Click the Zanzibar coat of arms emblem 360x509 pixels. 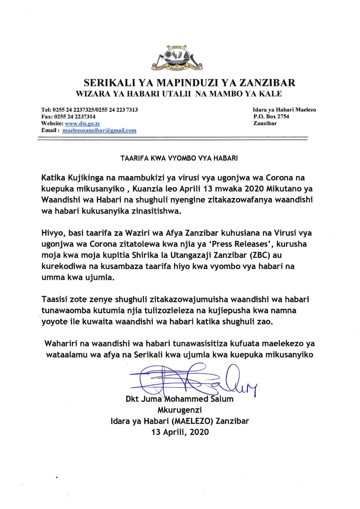pos(177,58)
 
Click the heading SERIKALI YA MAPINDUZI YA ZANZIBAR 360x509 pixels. pos(189,83)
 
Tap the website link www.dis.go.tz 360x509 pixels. pos(82,124)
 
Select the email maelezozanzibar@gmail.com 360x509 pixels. pos(99,130)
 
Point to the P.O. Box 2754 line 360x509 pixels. pos(271,117)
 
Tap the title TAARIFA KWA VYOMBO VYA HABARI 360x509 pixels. pos(179,158)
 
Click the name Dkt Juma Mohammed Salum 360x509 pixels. pos(180,399)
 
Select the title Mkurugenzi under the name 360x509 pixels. pos(180,410)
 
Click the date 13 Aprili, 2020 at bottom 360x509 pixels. pos(180,432)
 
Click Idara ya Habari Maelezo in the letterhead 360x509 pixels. pos(284,110)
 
